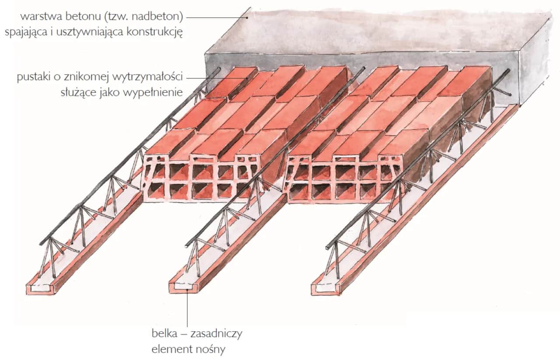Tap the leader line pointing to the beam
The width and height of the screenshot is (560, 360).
pyautogui.click(x=188, y=311)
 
